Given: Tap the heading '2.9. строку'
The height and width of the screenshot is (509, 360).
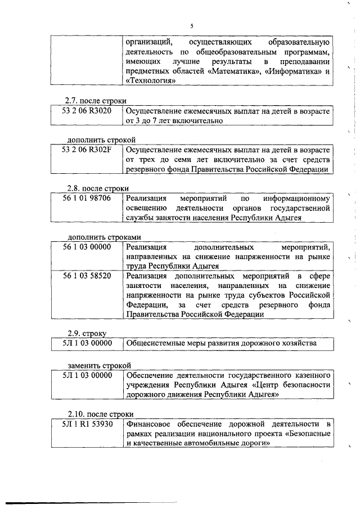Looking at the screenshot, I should (x=87, y=332).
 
